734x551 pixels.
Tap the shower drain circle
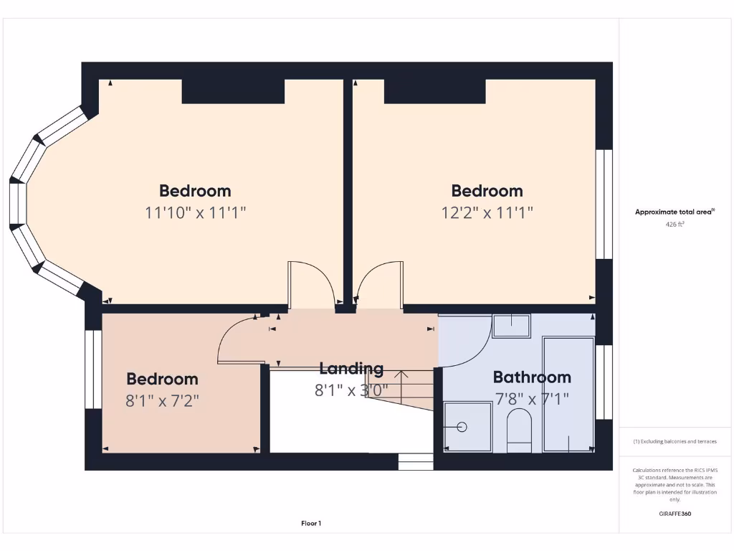[x=462, y=427]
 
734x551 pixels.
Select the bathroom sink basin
[x=511, y=326]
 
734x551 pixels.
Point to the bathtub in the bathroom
[x=568, y=394]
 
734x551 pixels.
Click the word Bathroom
[x=532, y=377]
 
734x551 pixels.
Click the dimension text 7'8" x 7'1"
[x=531, y=399]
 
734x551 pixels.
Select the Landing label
[x=351, y=369]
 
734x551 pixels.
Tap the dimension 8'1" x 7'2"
[x=162, y=400]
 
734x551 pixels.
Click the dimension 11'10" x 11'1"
[x=195, y=212]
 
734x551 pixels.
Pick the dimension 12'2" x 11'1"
[x=487, y=212]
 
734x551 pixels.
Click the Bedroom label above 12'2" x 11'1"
[x=487, y=191]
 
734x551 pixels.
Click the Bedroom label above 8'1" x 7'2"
[x=162, y=379]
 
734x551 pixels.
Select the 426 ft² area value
[x=675, y=225]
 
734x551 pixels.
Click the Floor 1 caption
[x=311, y=524]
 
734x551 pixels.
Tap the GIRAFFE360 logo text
[x=675, y=514]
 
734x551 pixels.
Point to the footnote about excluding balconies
[x=675, y=442]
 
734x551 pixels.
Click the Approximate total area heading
[x=675, y=212]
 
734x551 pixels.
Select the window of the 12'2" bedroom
[x=605, y=204]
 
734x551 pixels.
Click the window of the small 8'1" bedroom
[x=93, y=369]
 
